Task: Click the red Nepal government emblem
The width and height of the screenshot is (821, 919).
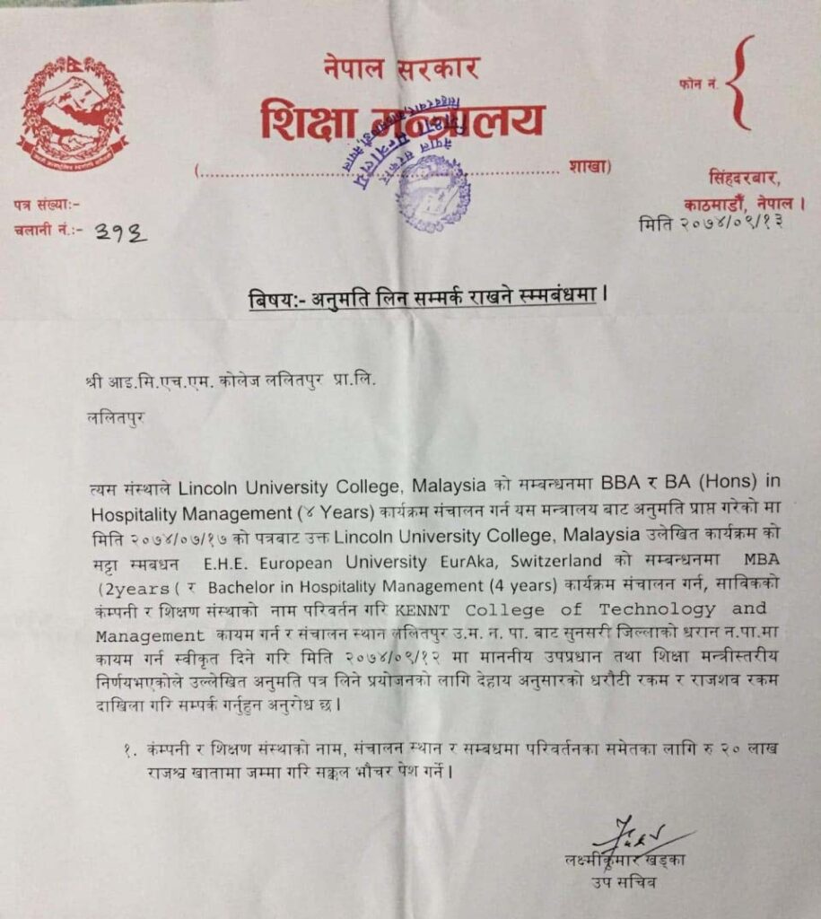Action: pos(72,112)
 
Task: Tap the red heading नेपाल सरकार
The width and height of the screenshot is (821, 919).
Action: pos(401,69)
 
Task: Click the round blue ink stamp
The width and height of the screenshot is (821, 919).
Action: pos(432,192)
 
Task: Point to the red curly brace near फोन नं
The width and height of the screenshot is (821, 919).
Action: pos(738,83)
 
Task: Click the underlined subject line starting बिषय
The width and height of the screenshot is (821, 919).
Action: pos(422,298)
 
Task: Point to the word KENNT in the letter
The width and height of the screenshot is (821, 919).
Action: pos(419,611)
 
